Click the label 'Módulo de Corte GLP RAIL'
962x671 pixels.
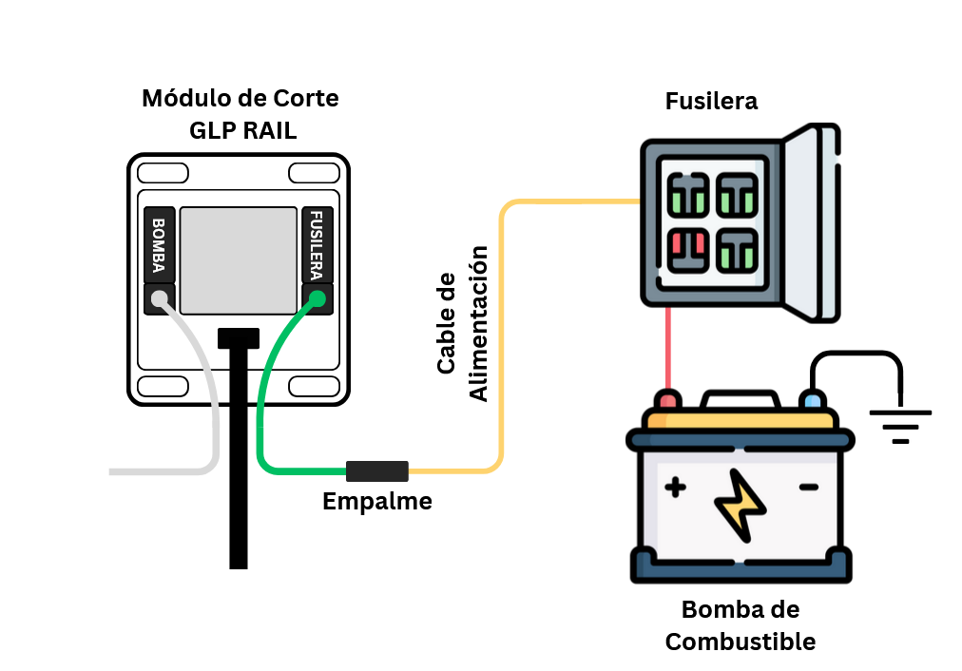(240, 114)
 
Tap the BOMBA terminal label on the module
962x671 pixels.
(159, 244)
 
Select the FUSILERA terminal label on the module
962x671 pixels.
(317, 244)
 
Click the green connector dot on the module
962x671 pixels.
(317, 300)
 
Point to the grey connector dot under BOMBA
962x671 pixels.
(160, 299)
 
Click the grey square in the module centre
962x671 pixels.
(239, 260)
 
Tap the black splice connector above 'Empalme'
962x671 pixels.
(376, 470)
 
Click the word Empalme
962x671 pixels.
(376, 501)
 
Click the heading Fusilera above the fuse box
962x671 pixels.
(711, 101)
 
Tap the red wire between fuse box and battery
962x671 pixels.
(668, 347)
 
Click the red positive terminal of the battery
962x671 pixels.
(668, 399)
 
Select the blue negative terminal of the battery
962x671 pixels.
(811, 399)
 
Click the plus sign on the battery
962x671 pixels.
(675, 489)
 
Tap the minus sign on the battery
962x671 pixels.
(808, 488)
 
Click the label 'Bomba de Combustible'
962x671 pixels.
(741, 625)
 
